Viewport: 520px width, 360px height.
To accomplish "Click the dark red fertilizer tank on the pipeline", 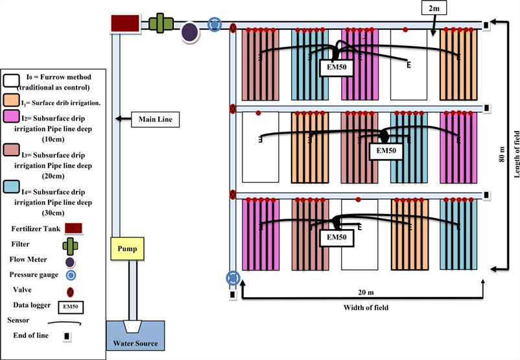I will pos(124,23).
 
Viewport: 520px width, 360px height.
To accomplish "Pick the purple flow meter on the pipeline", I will pos(189,31).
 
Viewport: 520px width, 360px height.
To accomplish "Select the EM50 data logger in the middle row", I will pos(385,152).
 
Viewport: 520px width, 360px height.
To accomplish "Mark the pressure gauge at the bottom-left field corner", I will pos(233,278).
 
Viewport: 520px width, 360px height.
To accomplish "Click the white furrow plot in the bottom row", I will pos(359,234).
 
